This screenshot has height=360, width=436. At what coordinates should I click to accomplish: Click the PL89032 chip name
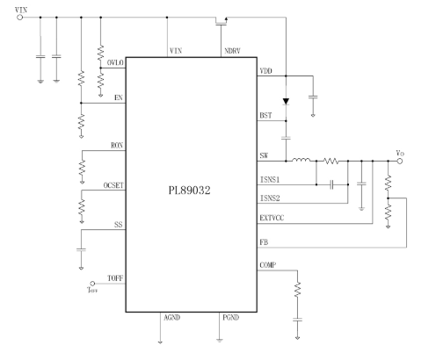coord(189,191)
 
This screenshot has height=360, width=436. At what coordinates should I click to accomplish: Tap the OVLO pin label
coord(115,63)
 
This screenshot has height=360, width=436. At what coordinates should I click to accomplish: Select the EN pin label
coord(119,97)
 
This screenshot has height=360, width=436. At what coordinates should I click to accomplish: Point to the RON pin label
coord(117,146)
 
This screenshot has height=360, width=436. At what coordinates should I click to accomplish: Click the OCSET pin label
coord(113,185)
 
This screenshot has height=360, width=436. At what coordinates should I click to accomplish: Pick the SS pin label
coord(118,225)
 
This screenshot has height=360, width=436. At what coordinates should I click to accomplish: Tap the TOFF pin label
coord(115,278)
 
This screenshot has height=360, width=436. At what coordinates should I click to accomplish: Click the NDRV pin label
coord(232,51)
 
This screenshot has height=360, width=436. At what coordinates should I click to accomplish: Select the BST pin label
coord(265,115)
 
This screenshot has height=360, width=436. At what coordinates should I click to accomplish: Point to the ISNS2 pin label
coord(270,198)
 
